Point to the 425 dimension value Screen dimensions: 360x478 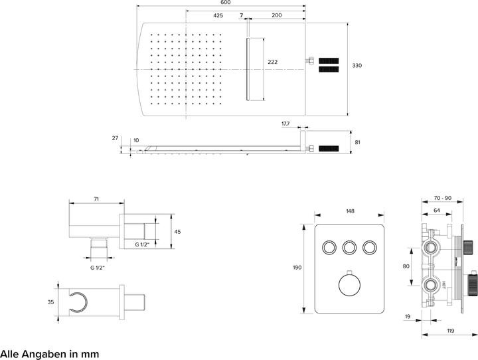click(218, 15)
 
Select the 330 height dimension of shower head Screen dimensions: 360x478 click(357, 66)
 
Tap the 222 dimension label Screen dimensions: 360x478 click(272, 62)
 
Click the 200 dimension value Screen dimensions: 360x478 click(277, 15)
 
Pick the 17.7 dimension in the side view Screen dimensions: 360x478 click(285, 124)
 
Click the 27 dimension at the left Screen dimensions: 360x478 click(115, 138)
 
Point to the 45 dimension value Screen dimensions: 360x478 click(177, 232)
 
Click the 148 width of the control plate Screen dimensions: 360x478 click(350, 211)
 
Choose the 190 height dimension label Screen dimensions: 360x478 click(297, 268)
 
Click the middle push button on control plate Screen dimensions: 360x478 click(350, 248)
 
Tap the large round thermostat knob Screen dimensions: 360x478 click(350, 286)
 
